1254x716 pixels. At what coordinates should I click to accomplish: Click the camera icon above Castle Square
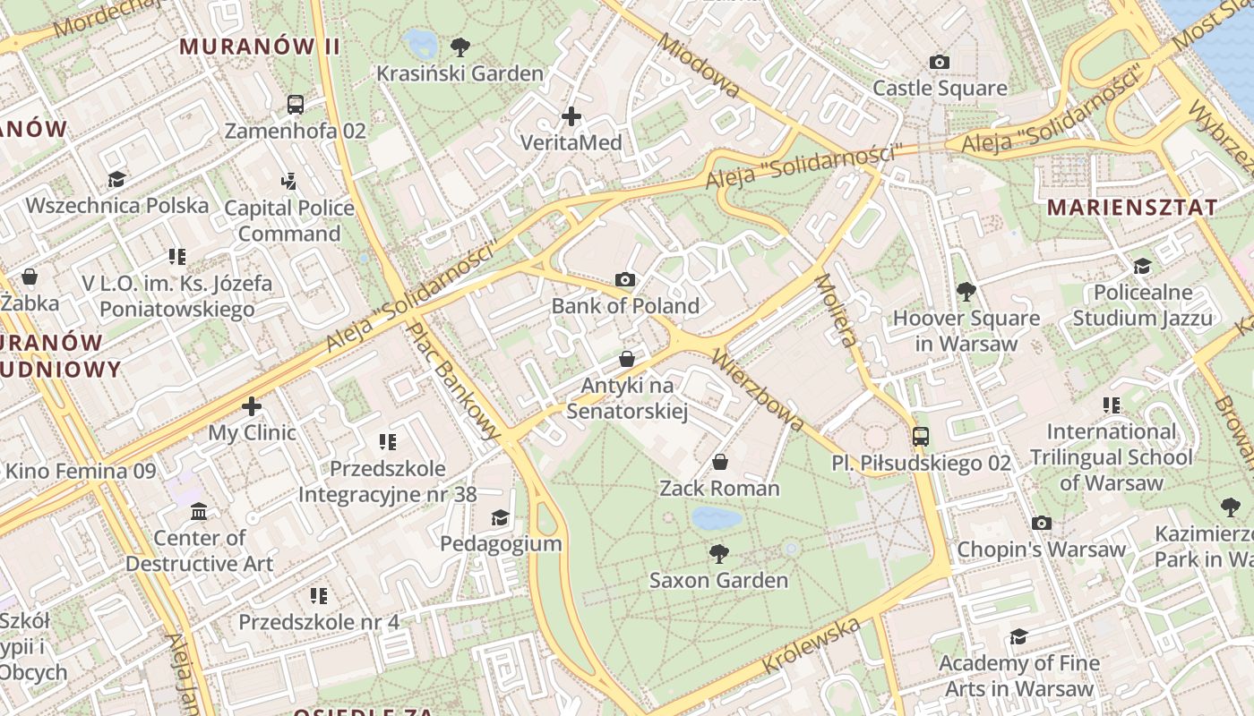point(939,62)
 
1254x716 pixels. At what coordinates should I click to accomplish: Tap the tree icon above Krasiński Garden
point(460,47)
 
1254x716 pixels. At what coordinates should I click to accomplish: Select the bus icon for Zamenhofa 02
point(296,104)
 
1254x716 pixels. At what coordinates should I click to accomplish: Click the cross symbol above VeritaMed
point(571,116)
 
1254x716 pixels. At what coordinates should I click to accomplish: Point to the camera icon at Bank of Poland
point(626,279)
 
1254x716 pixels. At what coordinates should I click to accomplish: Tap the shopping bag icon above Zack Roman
point(719,462)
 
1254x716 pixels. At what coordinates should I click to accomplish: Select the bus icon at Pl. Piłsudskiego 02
point(921,437)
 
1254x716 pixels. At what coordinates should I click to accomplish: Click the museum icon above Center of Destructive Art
point(199,512)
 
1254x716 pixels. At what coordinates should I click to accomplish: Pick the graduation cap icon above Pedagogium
point(500,517)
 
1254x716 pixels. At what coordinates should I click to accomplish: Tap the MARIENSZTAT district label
point(1132,208)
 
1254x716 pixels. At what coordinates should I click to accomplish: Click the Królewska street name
point(812,646)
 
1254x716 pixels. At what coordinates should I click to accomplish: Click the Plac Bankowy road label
point(454,380)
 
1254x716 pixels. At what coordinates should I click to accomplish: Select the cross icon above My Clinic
point(252,406)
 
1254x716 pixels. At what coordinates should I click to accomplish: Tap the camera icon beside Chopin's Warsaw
point(1041,523)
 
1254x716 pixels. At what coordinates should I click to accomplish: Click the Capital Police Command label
point(289,220)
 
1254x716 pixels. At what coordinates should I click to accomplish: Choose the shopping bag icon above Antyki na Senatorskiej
point(627,359)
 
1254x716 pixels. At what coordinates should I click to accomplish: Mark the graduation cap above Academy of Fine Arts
point(1018,636)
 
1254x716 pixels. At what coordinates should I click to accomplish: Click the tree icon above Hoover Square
point(966,291)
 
